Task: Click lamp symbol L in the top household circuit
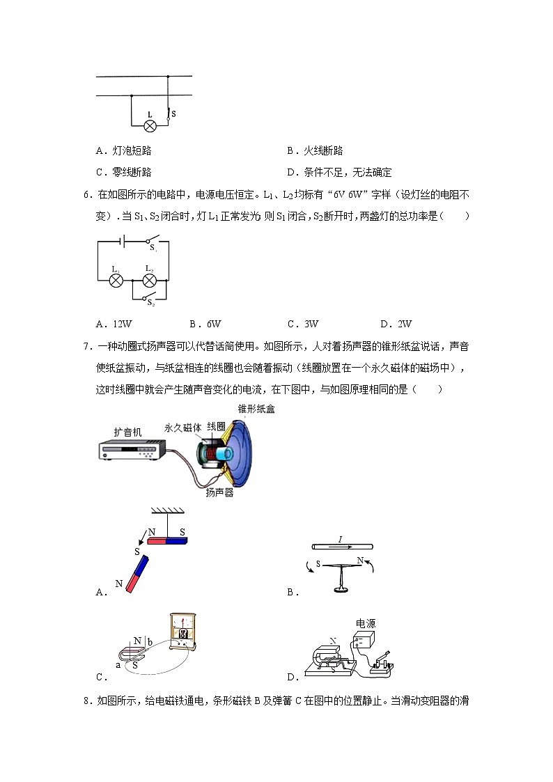point(149,125)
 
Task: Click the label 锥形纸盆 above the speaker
point(256,409)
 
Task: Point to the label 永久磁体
point(183,428)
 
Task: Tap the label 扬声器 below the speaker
point(219,493)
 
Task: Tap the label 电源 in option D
point(366,623)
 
